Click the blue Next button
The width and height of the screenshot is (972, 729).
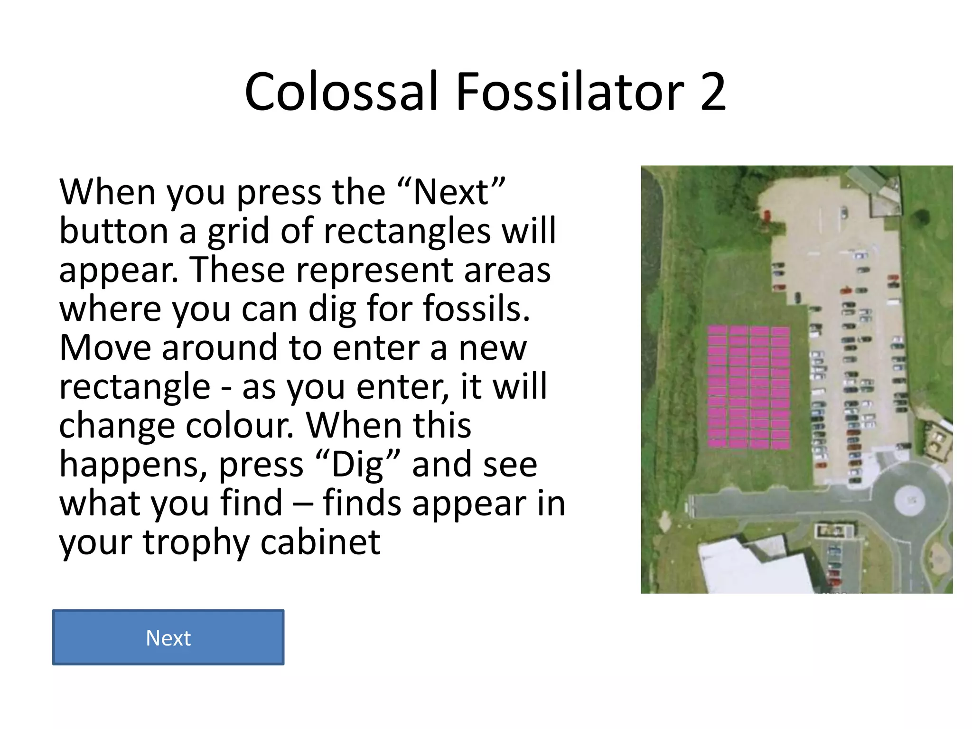coord(168,637)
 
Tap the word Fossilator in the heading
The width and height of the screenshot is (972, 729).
coord(570,92)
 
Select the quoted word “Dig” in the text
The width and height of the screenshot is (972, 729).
coord(358,465)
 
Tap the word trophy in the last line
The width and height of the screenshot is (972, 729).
coord(196,542)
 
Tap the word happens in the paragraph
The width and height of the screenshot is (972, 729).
coord(133,466)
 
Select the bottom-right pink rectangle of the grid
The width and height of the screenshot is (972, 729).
coord(780,444)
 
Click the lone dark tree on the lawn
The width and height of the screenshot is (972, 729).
coord(921,217)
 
